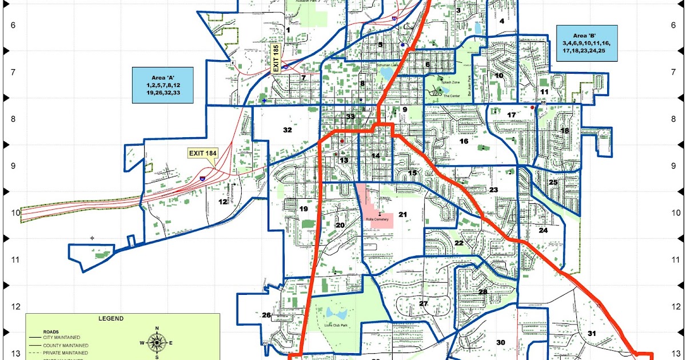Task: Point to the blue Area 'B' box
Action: coord(587,43)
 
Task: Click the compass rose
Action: coord(157,342)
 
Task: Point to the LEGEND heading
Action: coord(107,319)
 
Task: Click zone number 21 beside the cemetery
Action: coord(402,215)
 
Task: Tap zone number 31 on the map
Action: coord(592,334)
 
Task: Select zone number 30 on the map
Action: coord(501,342)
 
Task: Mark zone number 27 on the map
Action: coord(424,303)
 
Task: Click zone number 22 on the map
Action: coord(458,243)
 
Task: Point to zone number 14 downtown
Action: coord(376,156)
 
